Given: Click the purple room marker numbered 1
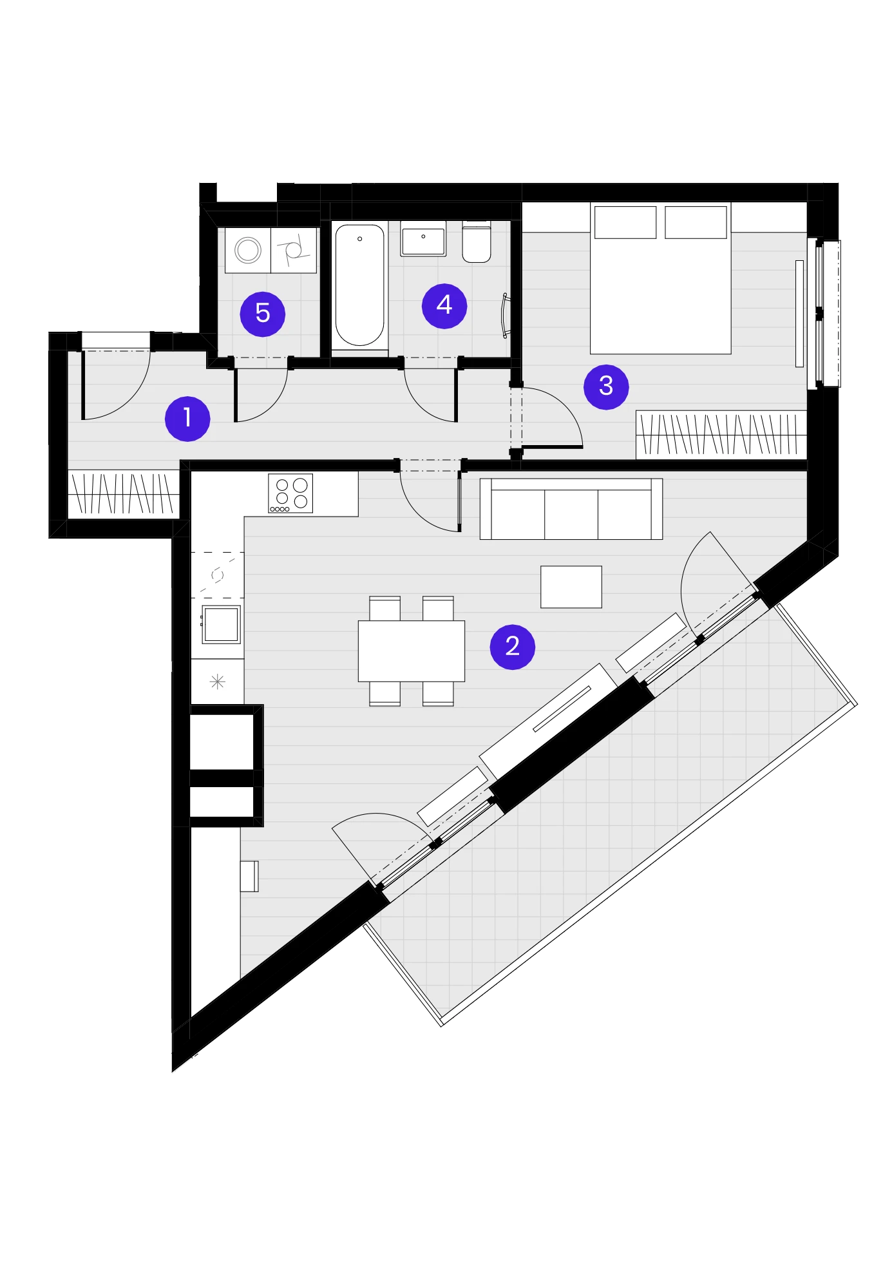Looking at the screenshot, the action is coord(187,419).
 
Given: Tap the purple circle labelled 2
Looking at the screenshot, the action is coord(513,647).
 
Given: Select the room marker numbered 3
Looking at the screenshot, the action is coord(606,386).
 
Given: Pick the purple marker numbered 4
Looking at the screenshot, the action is coord(444,305).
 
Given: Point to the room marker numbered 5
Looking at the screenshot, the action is coord(263,314).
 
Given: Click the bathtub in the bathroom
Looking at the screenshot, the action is coord(359,286).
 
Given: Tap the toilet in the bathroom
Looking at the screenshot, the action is coord(477,242).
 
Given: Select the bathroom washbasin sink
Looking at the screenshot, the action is coord(423,239).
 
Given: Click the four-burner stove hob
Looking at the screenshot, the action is coord(290,493).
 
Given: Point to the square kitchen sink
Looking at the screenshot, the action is coord(222,624).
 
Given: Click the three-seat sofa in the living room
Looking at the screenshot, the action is coord(571,509).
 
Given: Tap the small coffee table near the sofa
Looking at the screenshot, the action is coord(571,587).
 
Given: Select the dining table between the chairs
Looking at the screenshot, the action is coord(412,651).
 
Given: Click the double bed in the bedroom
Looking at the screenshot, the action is coord(661,278).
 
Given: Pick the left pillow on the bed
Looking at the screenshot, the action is coord(625,222).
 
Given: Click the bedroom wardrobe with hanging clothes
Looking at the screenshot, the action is coord(721,435).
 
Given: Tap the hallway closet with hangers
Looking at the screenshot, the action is coord(123,494).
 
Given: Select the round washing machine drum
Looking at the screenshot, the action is coord(248,250).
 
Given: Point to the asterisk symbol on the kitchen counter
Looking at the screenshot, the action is coord(218,682).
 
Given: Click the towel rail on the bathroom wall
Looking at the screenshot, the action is coord(506,316).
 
